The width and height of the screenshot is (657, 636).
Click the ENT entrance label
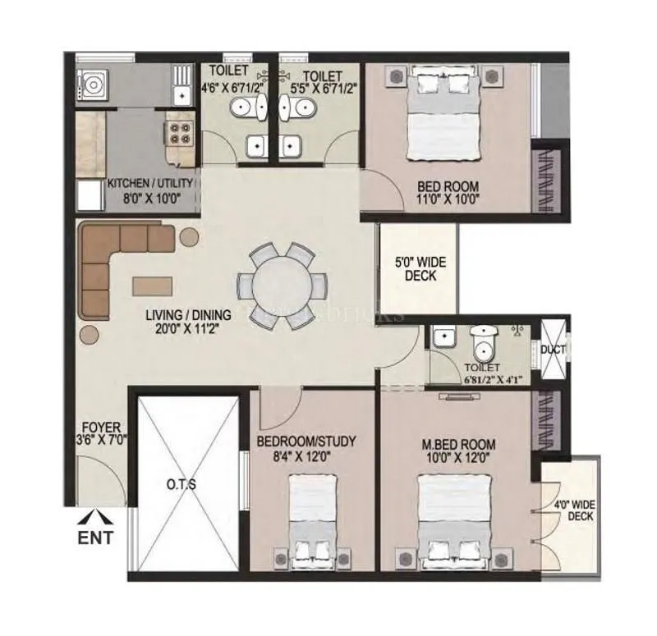pyautogui.click(x=96, y=539)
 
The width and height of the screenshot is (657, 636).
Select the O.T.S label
pyautogui.click(x=181, y=484)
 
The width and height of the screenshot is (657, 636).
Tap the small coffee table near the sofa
pyautogui.click(x=154, y=284)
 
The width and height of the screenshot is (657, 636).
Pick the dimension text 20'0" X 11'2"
pyautogui.click(x=187, y=329)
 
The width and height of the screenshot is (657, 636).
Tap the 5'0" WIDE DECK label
pyautogui.click(x=420, y=270)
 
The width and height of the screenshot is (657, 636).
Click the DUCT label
pyautogui.click(x=552, y=350)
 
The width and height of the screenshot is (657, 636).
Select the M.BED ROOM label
pyautogui.click(x=459, y=444)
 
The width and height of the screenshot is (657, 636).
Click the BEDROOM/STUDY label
pyautogui.click(x=306, y=442)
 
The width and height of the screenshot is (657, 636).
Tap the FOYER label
pyautogui.click(x=102, y=428)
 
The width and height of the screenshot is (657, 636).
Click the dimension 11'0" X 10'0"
pyautogui.click(x=448, y=199)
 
